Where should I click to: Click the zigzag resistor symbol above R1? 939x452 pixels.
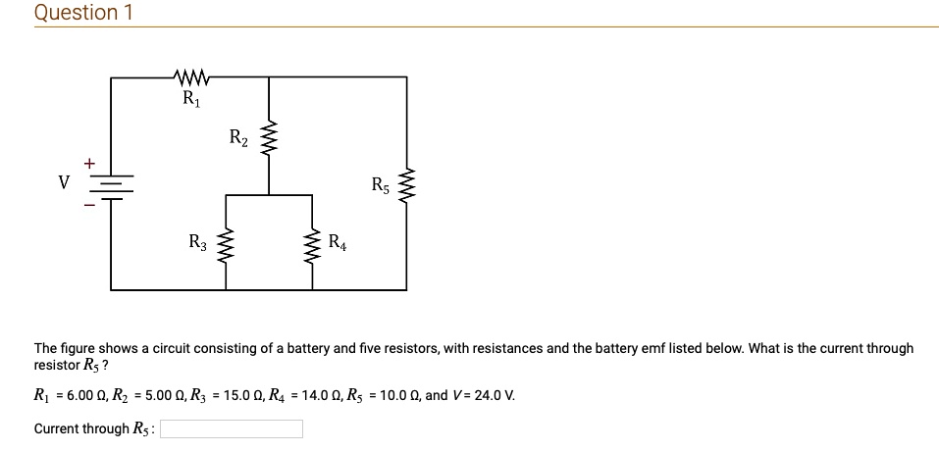point(188,76)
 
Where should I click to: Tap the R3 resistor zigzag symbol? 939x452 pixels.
point(227,243)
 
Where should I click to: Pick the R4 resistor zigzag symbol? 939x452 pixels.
point(312,243)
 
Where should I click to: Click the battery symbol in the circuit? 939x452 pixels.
point(111,184)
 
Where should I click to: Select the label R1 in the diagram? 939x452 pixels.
point(189,98)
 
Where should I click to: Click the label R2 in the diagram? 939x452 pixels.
point(238,137)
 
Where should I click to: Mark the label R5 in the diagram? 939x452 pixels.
point(381,183)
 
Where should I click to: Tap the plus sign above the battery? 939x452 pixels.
point(90,162)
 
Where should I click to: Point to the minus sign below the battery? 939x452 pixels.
point(90,206)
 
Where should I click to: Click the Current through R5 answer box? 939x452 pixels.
point(232,428)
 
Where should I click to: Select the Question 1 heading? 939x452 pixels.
point(83,13)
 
